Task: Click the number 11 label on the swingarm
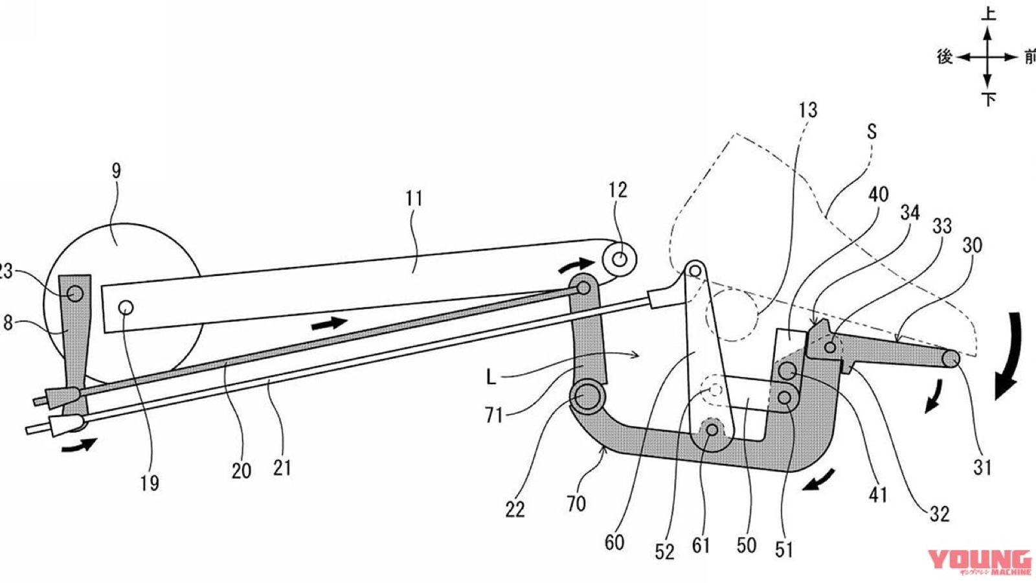tap(414, 198)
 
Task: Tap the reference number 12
tap(618, 190)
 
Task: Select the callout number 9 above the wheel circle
tap(116, 171)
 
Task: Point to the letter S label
tap(872, 131)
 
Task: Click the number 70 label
tap(576, 503)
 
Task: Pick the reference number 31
tap(982, 466)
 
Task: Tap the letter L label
tap(491, 376)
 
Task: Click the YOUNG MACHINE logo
tap(979, 562)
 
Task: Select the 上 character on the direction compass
tap(988, 14)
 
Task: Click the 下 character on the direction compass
tap(988, 99)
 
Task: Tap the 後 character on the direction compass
tap(945, 57)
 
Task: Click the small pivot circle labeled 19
tap(126, 306)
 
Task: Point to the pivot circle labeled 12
tap(620, 259)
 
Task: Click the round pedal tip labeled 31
tap(951, 358)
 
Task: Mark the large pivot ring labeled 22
tap(587, 396)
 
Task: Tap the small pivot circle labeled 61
tap(712, 429)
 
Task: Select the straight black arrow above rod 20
tap(329, 323)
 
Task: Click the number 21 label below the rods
tap(282, 467)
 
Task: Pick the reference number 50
tap(746, 545)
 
